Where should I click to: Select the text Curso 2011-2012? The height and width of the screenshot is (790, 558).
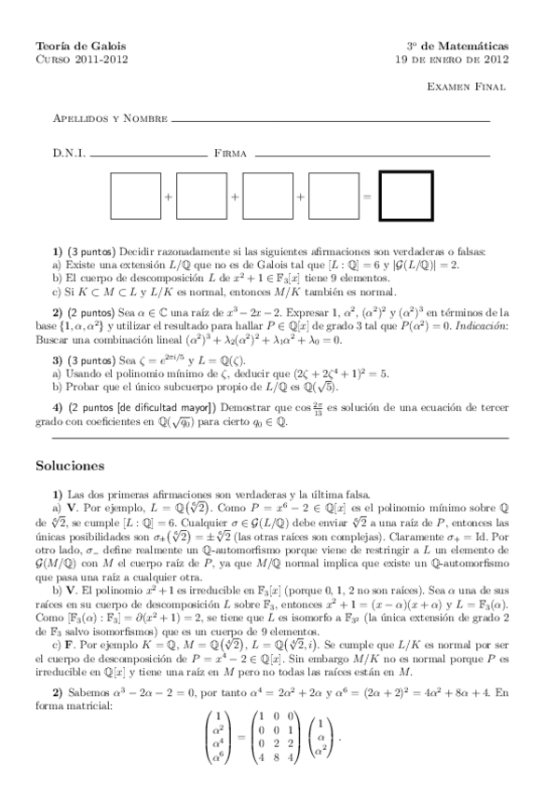81,59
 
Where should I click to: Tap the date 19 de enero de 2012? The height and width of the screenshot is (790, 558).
451,59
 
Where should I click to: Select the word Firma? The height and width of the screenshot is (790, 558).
229,152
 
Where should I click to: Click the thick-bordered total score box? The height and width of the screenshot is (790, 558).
407,197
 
